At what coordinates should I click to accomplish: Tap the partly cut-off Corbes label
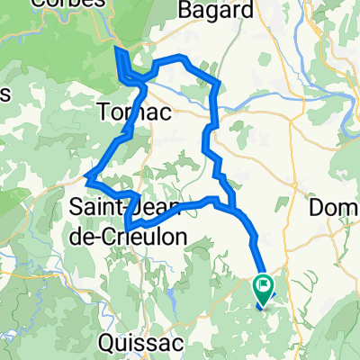tap(62, 4)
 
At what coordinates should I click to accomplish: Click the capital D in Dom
tap(316, 208)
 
